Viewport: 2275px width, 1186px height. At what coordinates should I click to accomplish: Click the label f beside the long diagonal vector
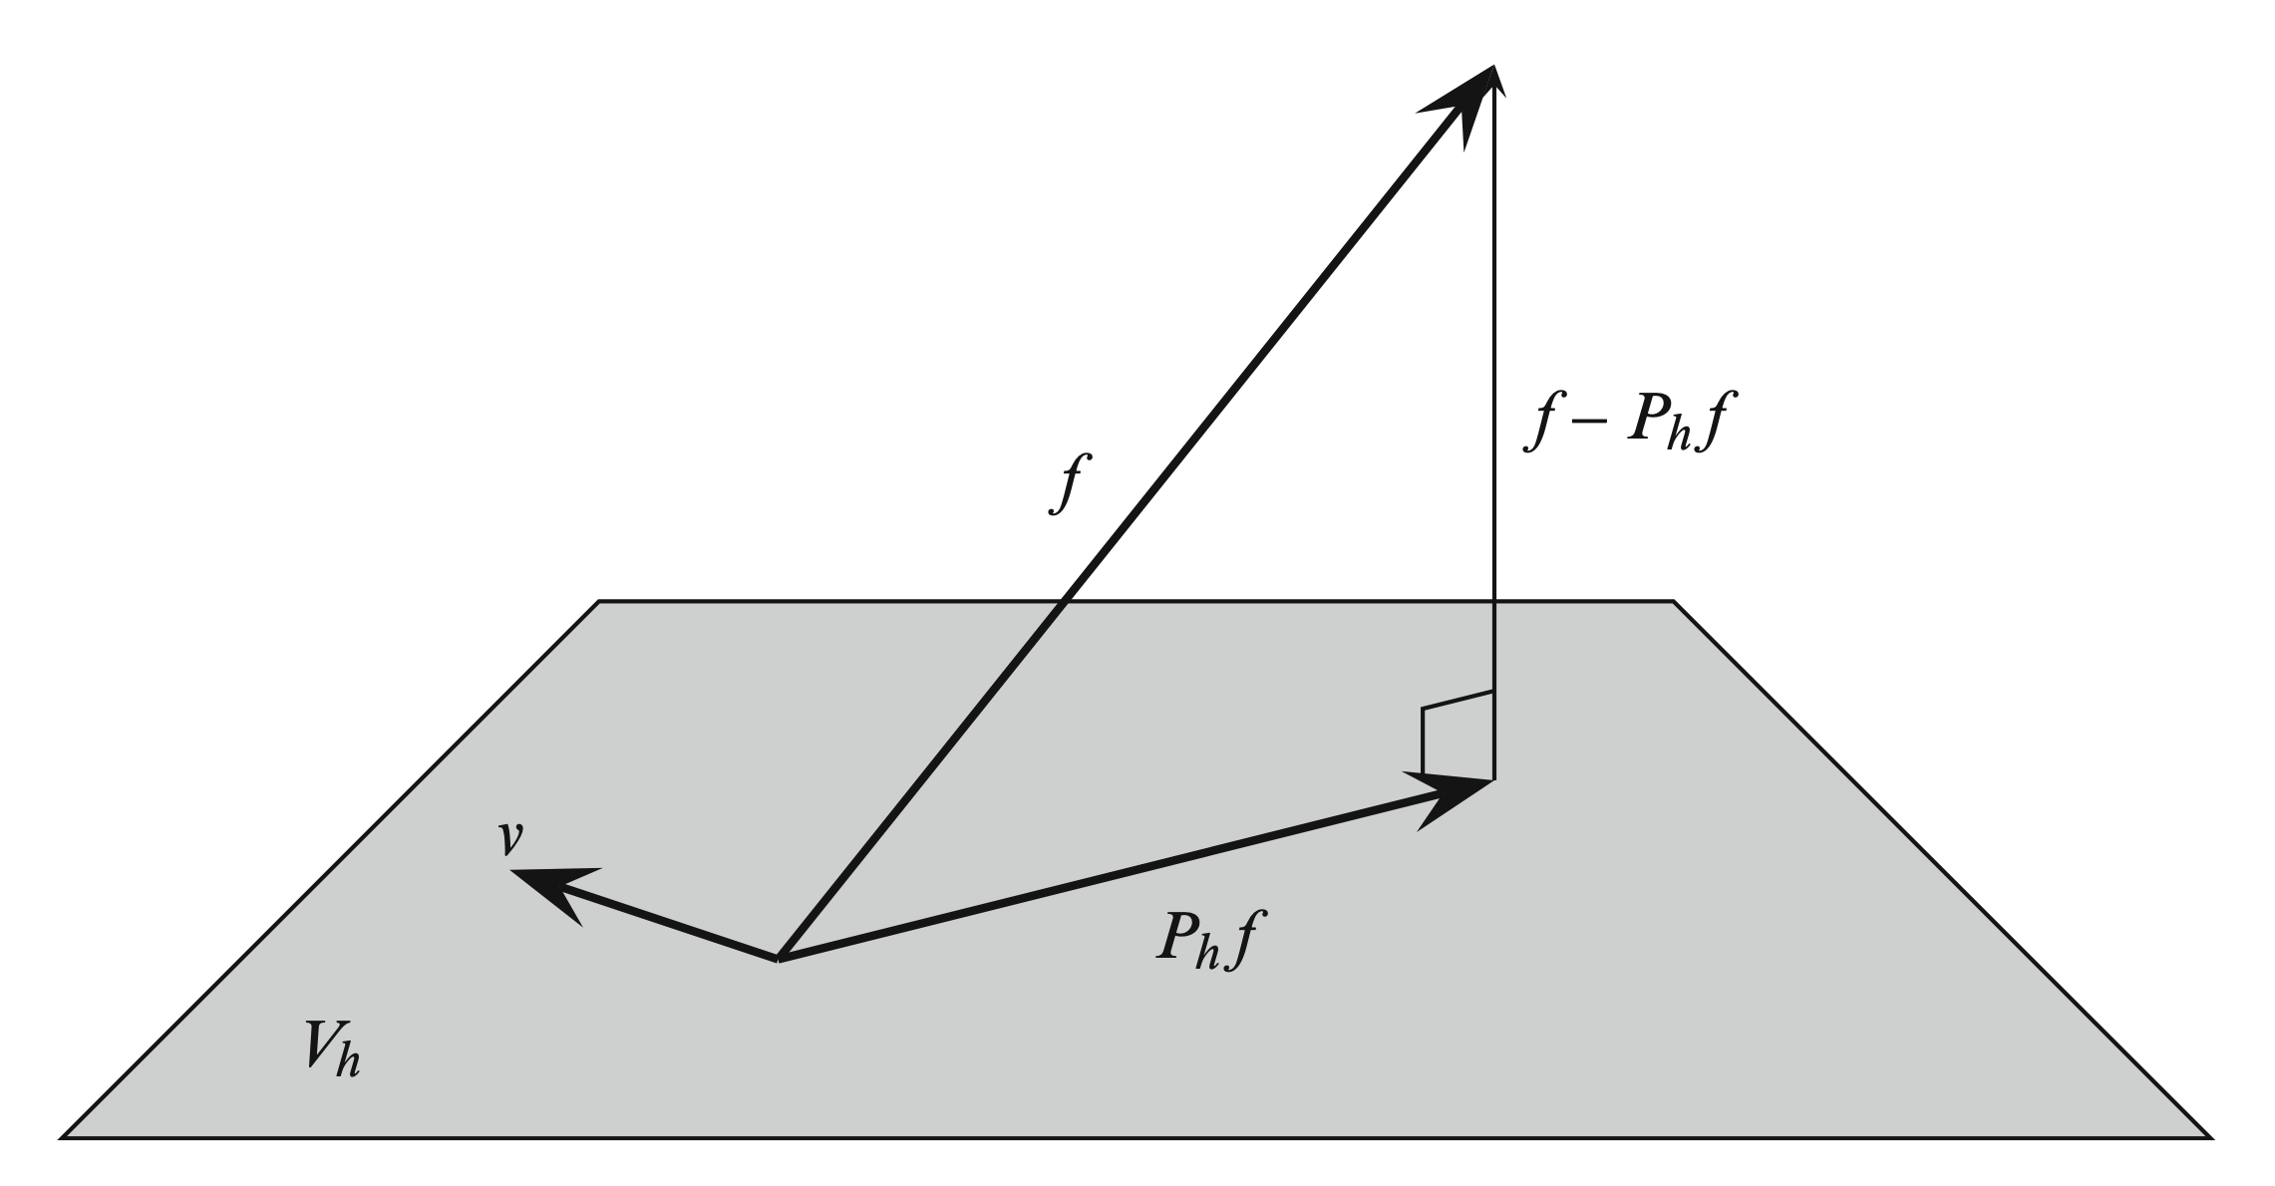1068,483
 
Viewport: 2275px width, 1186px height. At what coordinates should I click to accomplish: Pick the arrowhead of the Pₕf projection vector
1457,794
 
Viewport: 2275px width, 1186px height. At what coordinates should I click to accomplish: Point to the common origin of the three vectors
779,960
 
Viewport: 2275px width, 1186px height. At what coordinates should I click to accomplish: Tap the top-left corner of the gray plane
599,601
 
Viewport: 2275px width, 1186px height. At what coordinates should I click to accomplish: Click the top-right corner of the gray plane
1672,601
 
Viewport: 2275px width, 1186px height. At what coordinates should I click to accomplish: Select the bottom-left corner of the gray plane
64,1136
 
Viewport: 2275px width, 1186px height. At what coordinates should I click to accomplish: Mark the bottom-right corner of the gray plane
2210,1136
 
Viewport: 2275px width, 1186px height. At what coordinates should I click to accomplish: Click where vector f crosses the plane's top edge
1066,601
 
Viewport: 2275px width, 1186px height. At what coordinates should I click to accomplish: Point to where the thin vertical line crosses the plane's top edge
1493,601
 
